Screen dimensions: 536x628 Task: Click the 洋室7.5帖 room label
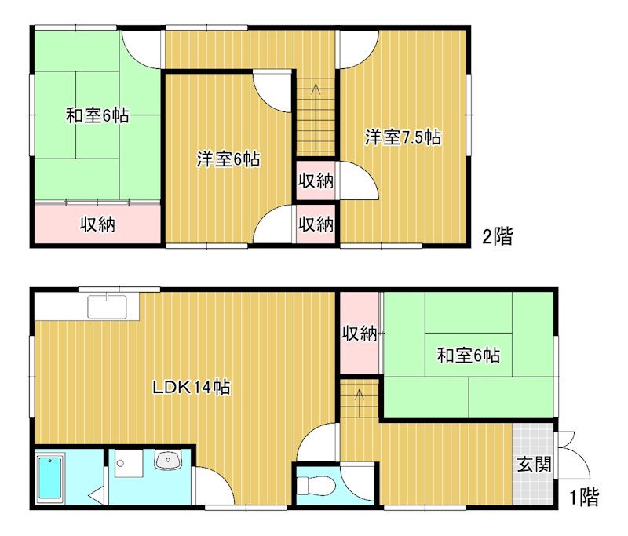pyautogui.click(x=402, y=138)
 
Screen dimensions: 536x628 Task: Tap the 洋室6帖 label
pyautogui.click(x=228, y=160)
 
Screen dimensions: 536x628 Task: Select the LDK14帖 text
pyautogui.click(x=191, y=387)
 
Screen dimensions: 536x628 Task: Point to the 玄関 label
pyautogui.click(x=534, y=464)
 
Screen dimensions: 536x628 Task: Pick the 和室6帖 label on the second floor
pyautogui.click(x=97, y=117)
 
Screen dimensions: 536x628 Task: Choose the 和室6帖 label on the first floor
pyautogui.click(x=469, y=356)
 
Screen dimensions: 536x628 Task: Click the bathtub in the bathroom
pyautogui.click(x=49, y=477)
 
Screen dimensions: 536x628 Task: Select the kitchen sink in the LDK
pyautogui.click(x=108, y=306)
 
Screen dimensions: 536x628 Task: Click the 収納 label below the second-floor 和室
pyautogui.click(x=97, y=225)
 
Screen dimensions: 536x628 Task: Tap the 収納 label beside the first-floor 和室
pyautogui.click(x=359, y=334)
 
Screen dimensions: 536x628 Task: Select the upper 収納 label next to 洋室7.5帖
pyautogui.click(x=316, y=181)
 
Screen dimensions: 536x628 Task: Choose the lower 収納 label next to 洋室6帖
pyautogui.click(x=316, y=224)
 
